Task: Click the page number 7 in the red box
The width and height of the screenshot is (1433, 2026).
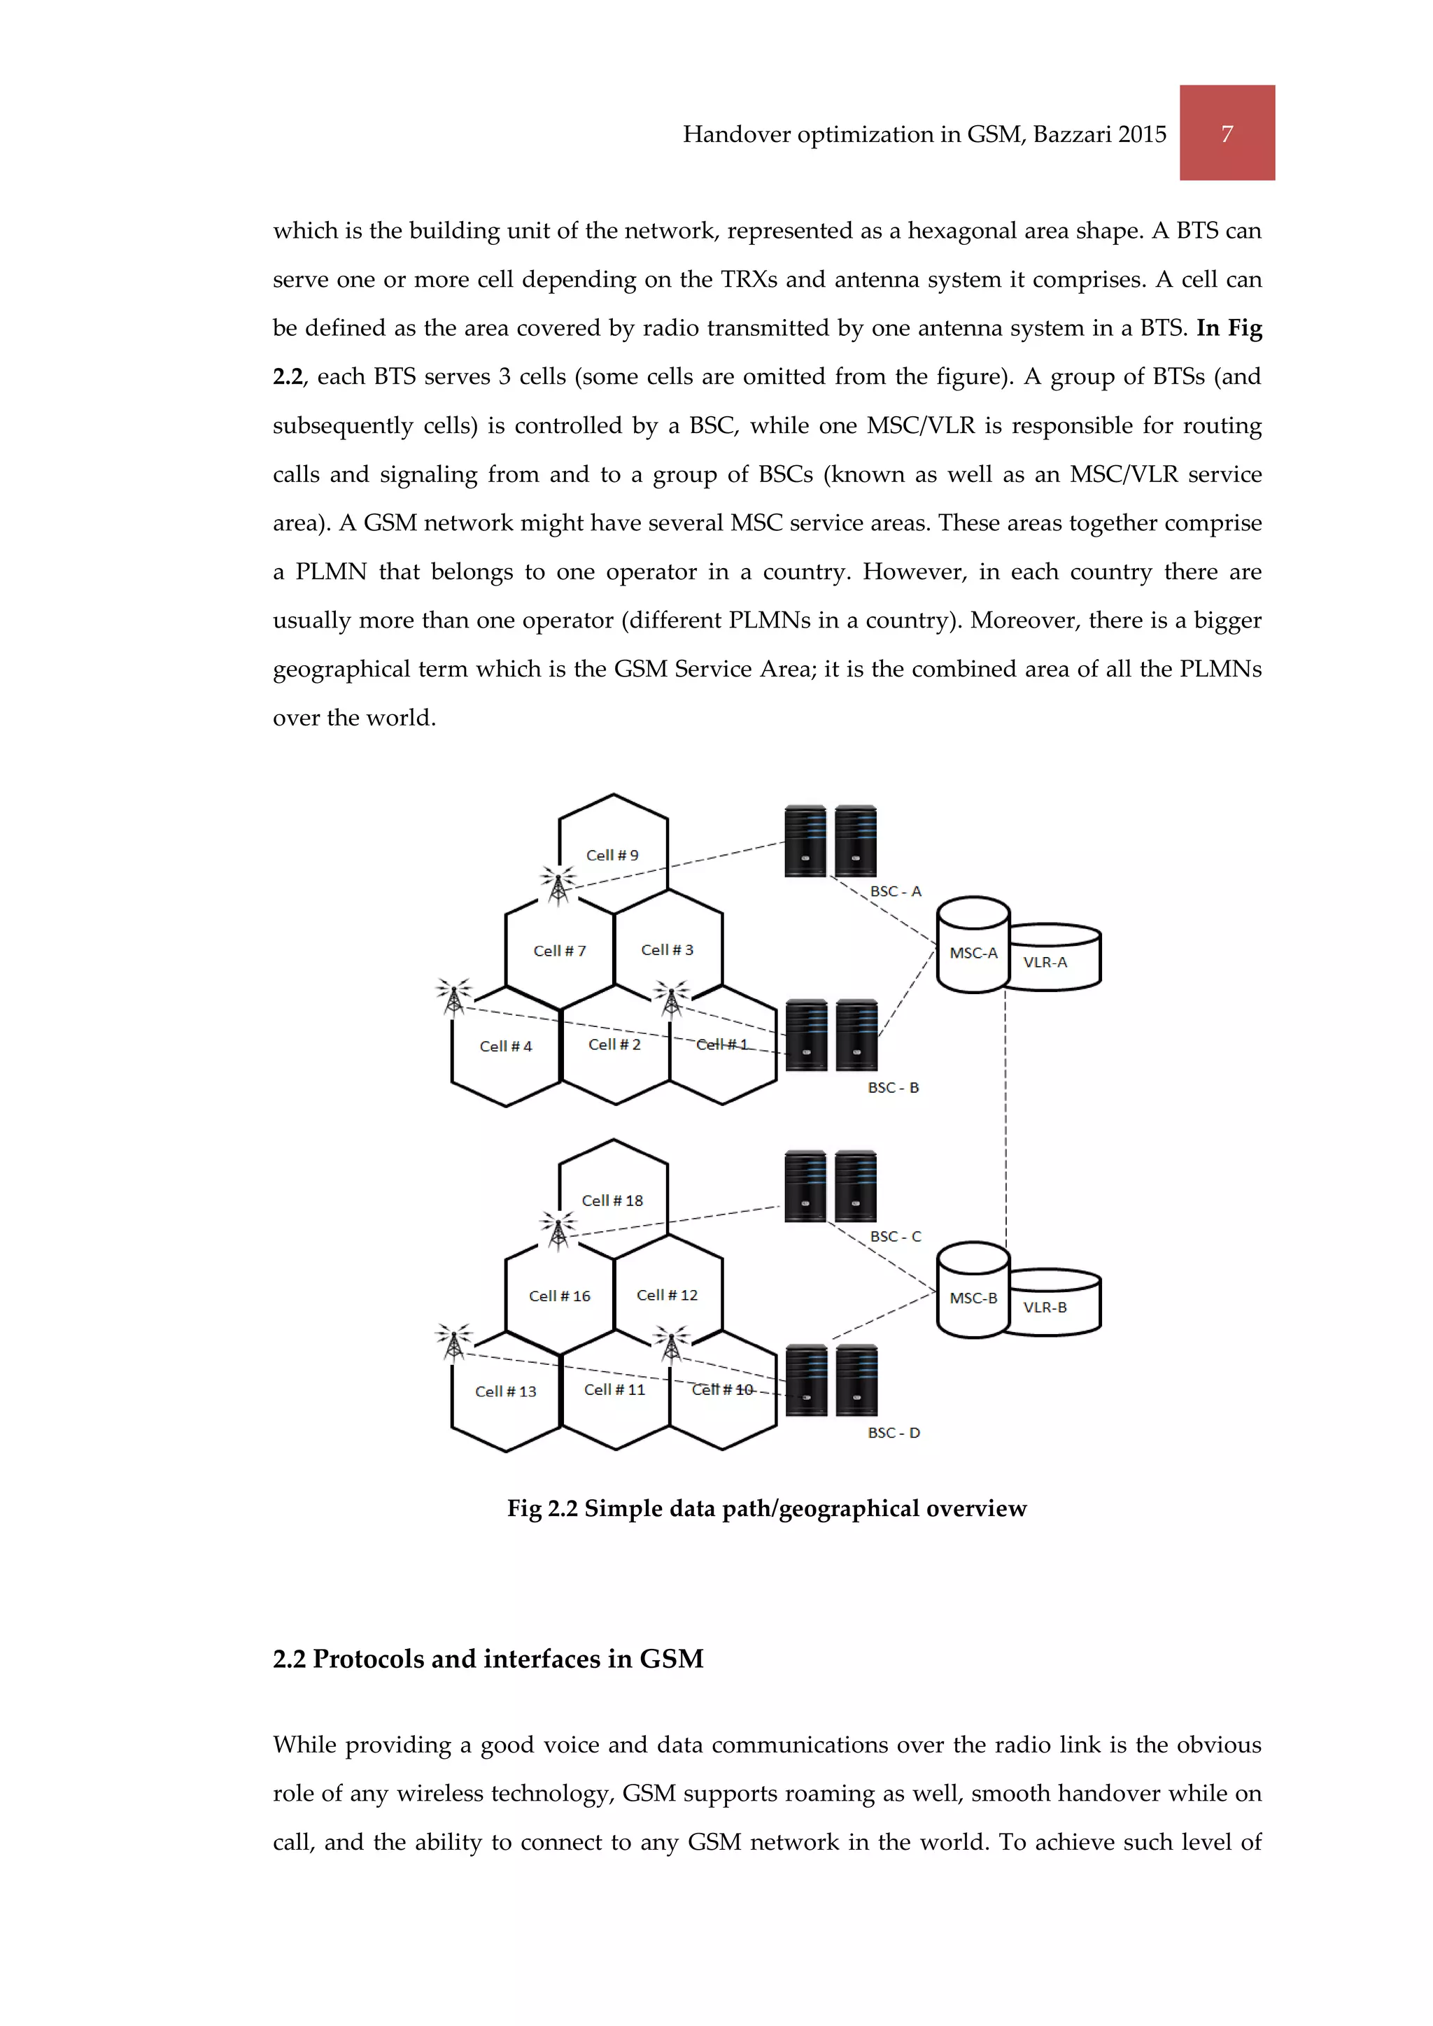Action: coord(1227,134)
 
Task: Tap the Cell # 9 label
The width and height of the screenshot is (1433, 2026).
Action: coord(612,855)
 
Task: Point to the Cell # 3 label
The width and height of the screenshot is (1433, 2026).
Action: coord(667,949)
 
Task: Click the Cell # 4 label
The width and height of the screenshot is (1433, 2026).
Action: coord(506,1046)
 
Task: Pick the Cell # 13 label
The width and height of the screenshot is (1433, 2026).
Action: coord(506,1391)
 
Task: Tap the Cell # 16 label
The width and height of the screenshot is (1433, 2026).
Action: coord(560,1296)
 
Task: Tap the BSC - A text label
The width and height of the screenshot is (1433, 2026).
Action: coord(896,891)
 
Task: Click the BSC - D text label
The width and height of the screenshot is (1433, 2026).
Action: coord(894,1432)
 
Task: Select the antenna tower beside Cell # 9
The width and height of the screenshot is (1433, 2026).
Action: coord(558,885)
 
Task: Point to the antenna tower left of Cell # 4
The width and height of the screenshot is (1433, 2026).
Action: coord(453,997)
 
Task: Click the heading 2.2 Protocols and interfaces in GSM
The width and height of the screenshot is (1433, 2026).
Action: coord(488,1659)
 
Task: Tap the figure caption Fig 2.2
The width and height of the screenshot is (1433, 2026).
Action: coord(766,1508)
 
